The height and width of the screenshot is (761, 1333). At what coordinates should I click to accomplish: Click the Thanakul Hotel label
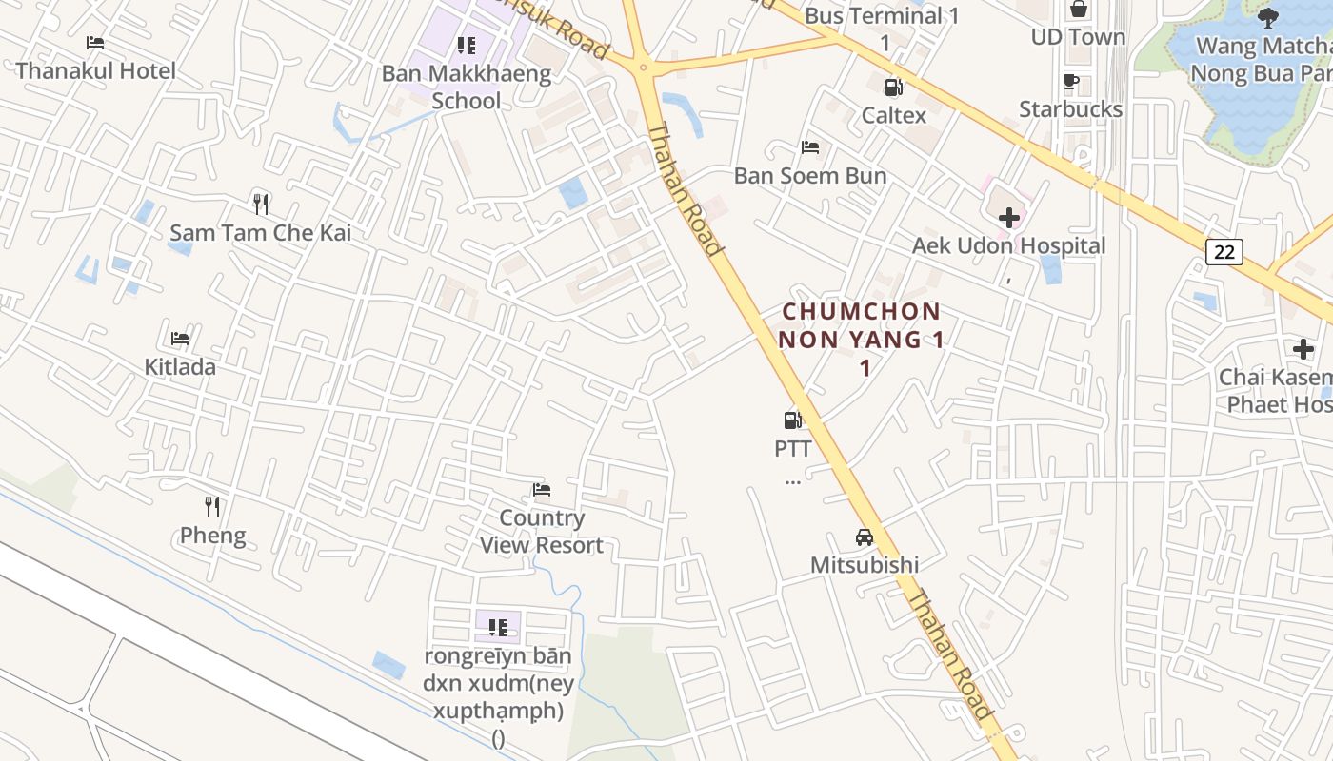pyautogui.click(x=95, y=70)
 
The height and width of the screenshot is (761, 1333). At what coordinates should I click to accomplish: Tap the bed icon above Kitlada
pyautogui.click(x=179, y=339)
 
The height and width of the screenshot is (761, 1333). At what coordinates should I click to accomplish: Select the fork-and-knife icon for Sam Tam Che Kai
pyautogui.click(x=261, y=204)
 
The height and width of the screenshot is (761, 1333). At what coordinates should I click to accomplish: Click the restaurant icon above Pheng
pyautogui.click(x=212, y=507)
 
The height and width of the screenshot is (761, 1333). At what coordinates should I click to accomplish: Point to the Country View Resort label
pyautogui.click(x=542, y=532)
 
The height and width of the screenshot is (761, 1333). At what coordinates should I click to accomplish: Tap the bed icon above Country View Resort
pyautogui.click(x=542, y=490)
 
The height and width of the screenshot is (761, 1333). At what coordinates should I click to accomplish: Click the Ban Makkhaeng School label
pyautogui.click(x=467, y=87)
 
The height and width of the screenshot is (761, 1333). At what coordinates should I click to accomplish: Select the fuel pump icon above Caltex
pyautogui.click(x=893, y=88)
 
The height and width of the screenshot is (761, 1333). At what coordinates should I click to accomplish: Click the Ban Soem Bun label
pyautogui.click(x=809, y=176)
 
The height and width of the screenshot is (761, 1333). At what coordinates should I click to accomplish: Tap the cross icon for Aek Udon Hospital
pyautogui.click(x=1008, y=218)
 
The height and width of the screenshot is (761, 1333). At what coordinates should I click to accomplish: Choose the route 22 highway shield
pyautogui.click(x=1224, y=251)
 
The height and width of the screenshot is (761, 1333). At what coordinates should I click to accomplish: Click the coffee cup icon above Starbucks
pyautogui.click(x=1070, y=82)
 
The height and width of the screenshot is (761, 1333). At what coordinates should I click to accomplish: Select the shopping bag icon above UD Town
pyautogui.click(x=1078, y=10)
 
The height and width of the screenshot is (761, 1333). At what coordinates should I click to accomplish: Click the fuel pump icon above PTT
pyautogui.click(x=792, y=420)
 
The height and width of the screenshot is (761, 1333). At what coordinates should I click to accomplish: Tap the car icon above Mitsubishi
pyautogui.click(x=864, y=537)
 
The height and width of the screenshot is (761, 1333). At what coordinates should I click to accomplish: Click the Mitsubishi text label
pyautogui.click(x=864, y=565)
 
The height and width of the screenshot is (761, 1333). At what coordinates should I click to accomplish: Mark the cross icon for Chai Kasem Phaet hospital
pyautogui.click(x=1303, y=349)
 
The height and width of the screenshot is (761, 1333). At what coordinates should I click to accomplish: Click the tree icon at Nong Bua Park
pyautogui.click(x=1267, y=17)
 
